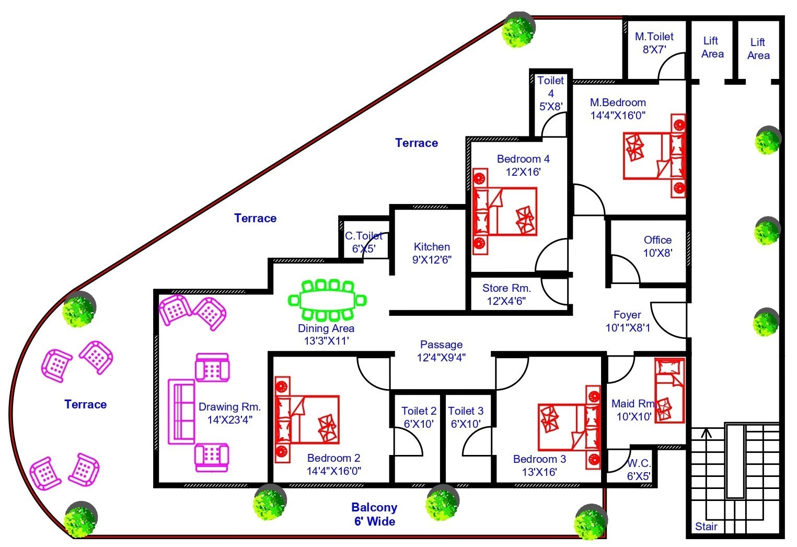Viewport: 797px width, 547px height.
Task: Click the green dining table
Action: [328, 300]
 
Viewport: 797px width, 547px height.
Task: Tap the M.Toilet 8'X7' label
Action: [654, 43]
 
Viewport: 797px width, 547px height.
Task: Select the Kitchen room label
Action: [432, 247]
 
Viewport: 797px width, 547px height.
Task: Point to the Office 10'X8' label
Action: [657, 246]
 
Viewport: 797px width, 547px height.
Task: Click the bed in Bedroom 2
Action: [307, 419]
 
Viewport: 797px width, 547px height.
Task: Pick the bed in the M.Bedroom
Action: [654, 156]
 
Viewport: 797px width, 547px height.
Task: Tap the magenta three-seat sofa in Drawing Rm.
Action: [181, 412]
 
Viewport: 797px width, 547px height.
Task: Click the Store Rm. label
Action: [506, 288]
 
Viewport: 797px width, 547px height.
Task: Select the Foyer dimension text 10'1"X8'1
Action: [628, 328]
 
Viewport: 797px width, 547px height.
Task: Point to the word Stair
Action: [706, 527]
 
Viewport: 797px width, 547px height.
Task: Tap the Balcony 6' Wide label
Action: [374, 514]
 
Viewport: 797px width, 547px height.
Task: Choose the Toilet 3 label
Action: [465, 411]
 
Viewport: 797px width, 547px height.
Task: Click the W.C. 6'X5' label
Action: [639, 470]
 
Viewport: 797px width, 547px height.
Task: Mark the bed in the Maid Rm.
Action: [669, 390]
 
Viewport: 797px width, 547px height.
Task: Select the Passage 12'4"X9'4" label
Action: [441, 351]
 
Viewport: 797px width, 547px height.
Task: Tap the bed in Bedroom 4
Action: [505, 211]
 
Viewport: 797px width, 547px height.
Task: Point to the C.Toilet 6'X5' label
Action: [364, 242]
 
